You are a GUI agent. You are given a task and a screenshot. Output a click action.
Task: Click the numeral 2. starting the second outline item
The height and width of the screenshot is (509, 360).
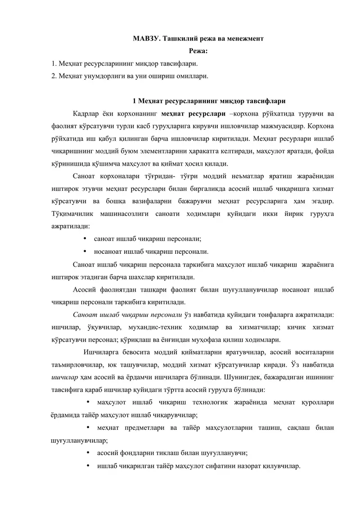tap(54, 76)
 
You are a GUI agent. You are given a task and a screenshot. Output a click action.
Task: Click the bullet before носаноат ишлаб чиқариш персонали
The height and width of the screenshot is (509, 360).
tap(85, 251)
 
